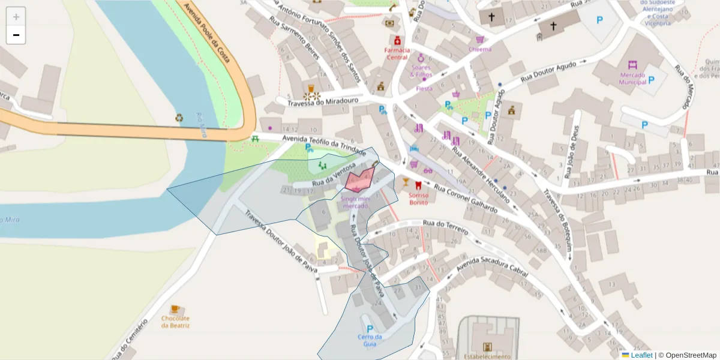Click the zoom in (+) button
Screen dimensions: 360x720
(x=16, y=17)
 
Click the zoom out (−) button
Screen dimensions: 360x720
(x=16, y=35)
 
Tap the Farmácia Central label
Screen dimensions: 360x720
(x=397, y=54)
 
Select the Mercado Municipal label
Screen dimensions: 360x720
(x=632, y=79)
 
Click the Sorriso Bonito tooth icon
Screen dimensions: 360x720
(x=419, y=185)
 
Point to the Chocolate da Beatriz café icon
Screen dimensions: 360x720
(x=175, y=310)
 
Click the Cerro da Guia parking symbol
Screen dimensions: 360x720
(x=370, y=329)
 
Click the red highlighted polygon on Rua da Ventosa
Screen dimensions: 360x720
(x=360, y=179)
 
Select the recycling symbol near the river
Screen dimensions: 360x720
(x=179, y=118)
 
